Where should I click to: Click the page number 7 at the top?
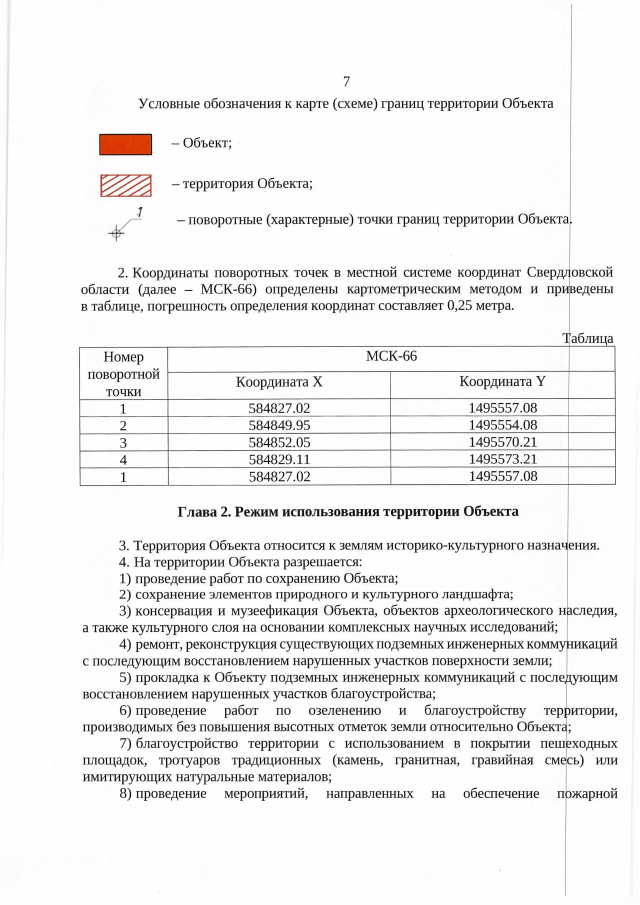[345, 82]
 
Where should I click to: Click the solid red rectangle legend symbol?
[125, 145]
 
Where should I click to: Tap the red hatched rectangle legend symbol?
[125, 184]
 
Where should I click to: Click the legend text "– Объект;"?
[201, 145]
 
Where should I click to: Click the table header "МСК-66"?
[391, 356]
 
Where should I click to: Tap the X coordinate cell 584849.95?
[279, 424]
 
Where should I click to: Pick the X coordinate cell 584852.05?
[279, 441]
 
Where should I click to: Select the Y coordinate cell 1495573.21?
[503, 458]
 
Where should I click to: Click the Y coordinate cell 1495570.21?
[503, 441]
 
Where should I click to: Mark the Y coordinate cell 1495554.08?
[503, 424]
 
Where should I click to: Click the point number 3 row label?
[122, 441]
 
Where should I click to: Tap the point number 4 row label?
[122, 458]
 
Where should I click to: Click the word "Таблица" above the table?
[588, 339]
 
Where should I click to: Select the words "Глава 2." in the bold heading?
[209, 511]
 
